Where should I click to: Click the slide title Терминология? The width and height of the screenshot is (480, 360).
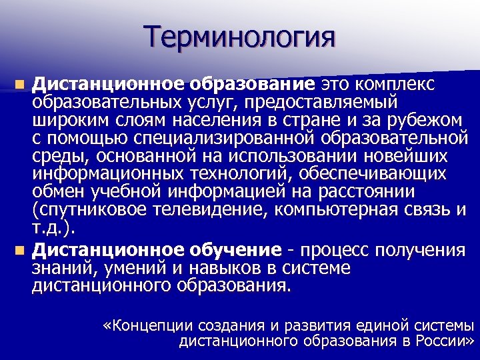point(239,36)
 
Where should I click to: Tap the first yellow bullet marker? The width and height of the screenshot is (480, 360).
point(21,85)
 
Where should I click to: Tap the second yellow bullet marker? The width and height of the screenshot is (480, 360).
point(21,251)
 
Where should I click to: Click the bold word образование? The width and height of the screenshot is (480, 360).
point(251,85)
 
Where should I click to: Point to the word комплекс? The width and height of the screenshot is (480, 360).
point(395,85)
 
